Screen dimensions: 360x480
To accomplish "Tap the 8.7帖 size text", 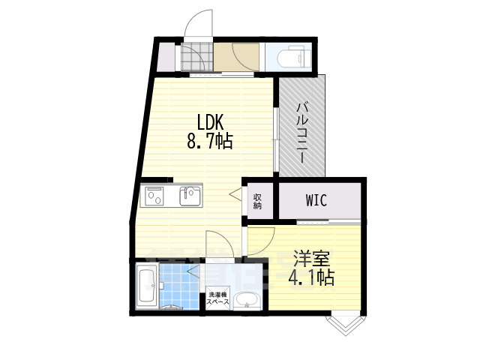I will click(209, 140).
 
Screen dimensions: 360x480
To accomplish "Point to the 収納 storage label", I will click(257, 201).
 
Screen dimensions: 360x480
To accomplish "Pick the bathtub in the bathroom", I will click(147, 286).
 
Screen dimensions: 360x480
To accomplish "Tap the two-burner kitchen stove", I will click(157, 197).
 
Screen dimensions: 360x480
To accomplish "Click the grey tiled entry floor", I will click(195, 58).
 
